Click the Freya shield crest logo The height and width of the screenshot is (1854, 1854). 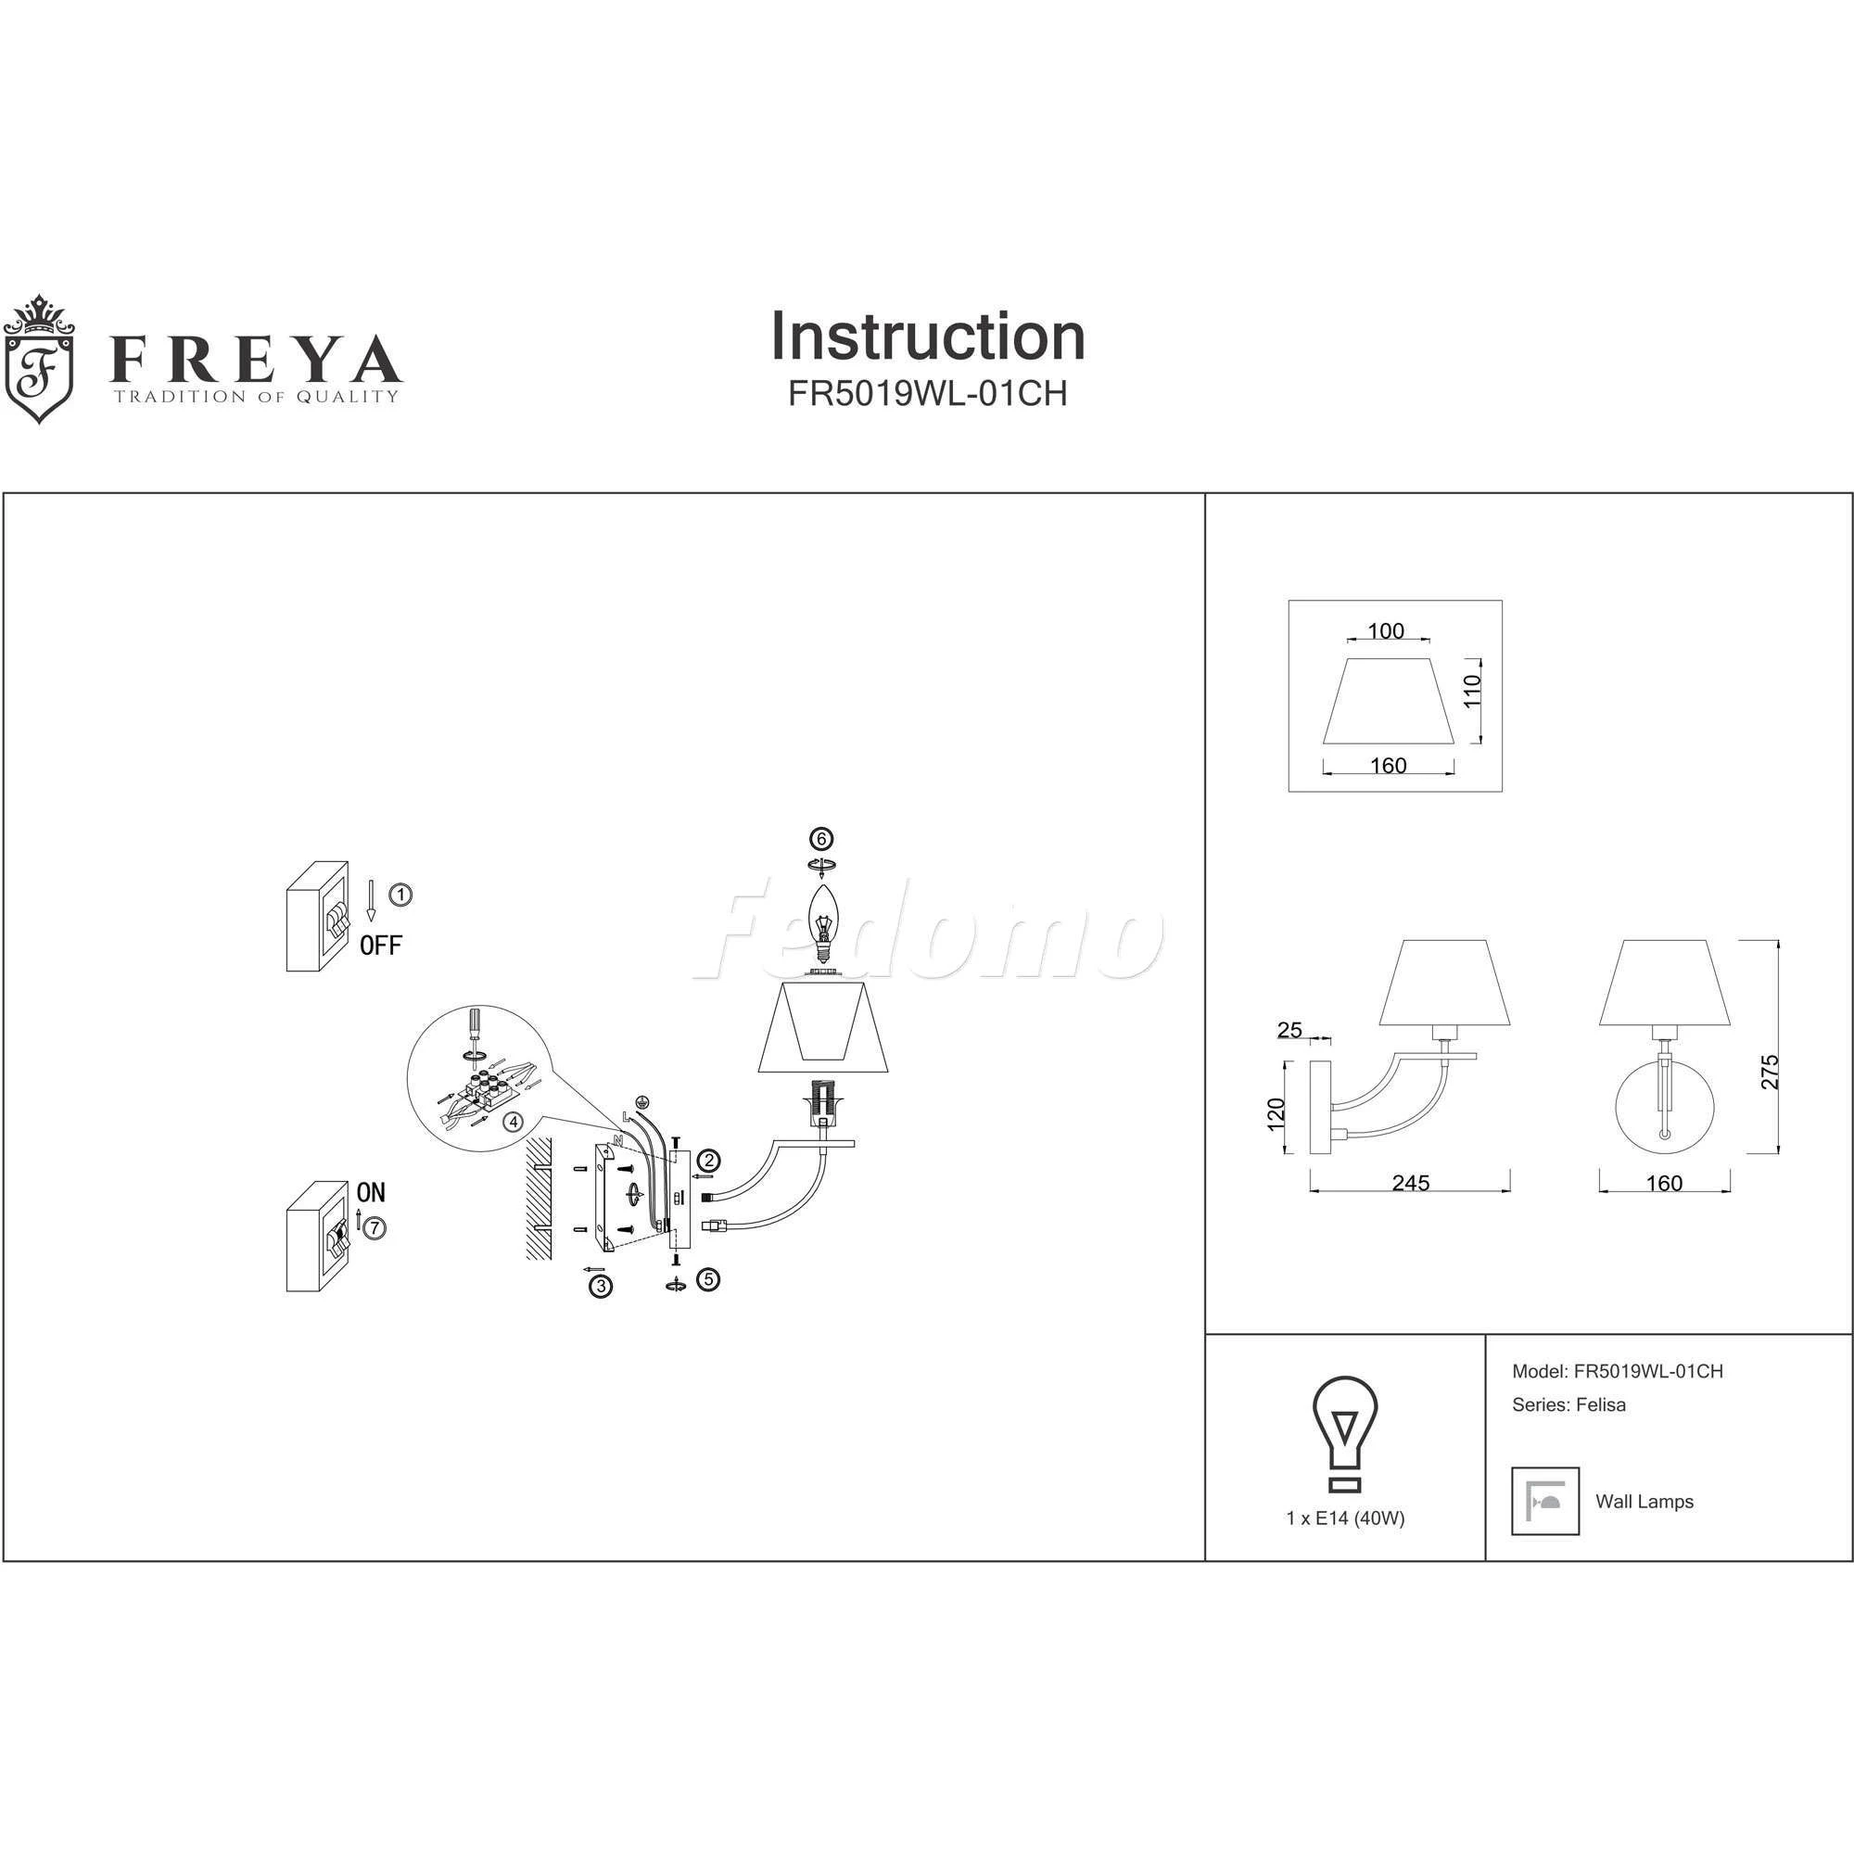38,359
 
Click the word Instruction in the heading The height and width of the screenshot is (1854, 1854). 928,337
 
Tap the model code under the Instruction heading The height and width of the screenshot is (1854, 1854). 928,394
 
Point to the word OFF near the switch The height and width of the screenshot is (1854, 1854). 381,946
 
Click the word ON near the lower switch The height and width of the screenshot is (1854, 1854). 371,1193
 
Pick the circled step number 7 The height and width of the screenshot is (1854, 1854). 375,1227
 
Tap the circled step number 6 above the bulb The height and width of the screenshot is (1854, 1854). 820,839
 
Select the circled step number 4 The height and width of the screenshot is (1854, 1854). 514,1121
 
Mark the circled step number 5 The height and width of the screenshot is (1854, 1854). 708,1279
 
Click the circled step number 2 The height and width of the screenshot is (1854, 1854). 708,1161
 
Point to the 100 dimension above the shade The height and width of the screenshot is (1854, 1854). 1386,631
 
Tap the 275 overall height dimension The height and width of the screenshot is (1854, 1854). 1770,1072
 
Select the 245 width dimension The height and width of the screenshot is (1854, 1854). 1411,1183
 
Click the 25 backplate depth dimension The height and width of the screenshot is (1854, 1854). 1289,1030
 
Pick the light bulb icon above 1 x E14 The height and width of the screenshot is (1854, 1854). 1345,1434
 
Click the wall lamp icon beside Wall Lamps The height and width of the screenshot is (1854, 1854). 1545,1501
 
